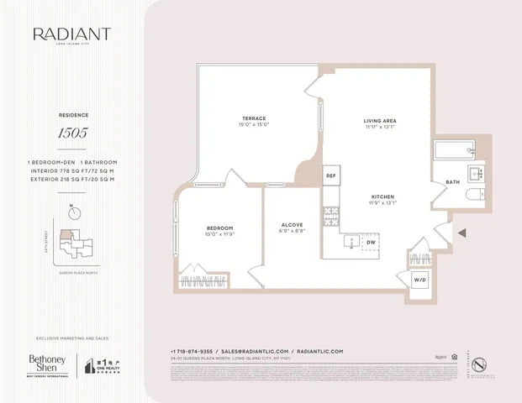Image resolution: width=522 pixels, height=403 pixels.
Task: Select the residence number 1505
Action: tap(72, 132)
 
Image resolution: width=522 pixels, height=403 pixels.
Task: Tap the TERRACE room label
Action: tap(254, 119)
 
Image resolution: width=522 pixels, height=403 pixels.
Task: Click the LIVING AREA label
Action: tap(380, 121)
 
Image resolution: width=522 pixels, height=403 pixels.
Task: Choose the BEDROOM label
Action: tap(219, 228)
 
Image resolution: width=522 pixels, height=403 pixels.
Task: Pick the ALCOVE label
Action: tap(292, 224)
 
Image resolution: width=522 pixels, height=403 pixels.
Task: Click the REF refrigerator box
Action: tap(331, 175)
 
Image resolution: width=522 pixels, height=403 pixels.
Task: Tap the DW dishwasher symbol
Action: tap(371, 242)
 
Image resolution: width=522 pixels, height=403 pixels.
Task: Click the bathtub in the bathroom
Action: tap(455, 151)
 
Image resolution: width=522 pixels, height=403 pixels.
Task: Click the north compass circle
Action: tap(76, 213)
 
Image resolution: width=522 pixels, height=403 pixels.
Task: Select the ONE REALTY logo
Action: tap(103, 365)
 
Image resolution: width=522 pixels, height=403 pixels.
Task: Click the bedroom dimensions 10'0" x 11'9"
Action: tap(219, 235)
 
